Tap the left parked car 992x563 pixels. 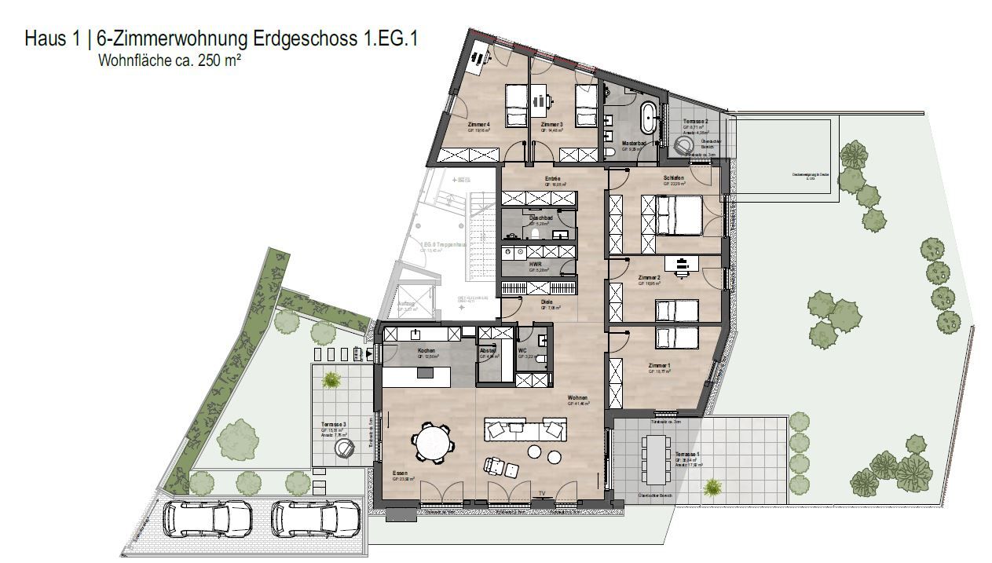(x=207, y=518)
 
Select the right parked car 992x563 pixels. (x=316, y=518)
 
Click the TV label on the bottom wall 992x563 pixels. (x=541, y=493)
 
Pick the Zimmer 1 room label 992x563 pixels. (x=659, y=367)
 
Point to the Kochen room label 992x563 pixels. (x=426, y=351)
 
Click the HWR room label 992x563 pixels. (x=536, y=265)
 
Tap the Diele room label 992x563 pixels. (x=547, y=302)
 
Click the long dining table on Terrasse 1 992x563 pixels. (x=654, y=459)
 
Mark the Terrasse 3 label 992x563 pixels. (x=333, y=425)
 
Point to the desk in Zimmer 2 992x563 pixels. (x=680, y=265)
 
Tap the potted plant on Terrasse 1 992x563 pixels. (x=712, y=488)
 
